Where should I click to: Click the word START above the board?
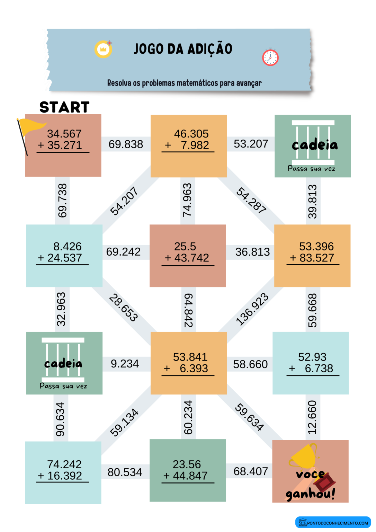(x=64, y=107)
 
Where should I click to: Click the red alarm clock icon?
(x=270, y=57)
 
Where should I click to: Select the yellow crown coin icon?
(x=104, y=49)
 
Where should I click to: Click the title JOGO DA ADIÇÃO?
(x=183, y=49)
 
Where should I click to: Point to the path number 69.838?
(x=126, y=144)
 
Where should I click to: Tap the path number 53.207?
(x=251, y=144)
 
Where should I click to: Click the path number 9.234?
(x=125, y=364)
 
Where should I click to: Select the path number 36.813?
(x=252, y=252)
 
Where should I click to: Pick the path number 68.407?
(x=251, y=471)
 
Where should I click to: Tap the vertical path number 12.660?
(x=312, y=417)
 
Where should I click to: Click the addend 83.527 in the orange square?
(x=317, y=258)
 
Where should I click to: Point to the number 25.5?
(x=185, y=247)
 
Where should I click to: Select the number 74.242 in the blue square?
(x=64, y=464)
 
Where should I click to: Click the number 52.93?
(x=312, y=357)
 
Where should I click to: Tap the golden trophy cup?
(x=304, y=455)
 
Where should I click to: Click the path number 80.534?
(x=125, y=472)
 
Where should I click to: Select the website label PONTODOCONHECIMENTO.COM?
(x=337, y=523)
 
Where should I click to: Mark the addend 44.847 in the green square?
(x=190, y=476)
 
